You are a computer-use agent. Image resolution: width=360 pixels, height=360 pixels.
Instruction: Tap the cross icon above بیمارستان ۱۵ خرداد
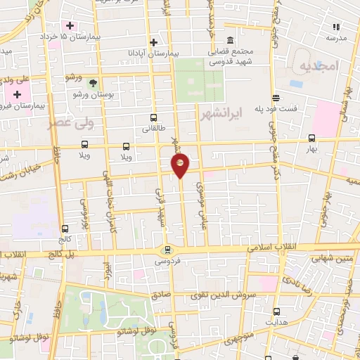coord(70,26)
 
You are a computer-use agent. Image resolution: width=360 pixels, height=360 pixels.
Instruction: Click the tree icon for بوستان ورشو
coord(93,83)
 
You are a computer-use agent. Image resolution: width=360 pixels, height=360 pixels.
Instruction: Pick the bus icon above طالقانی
coord(153,118)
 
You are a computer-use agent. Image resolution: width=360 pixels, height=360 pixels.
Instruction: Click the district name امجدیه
coord(319,67)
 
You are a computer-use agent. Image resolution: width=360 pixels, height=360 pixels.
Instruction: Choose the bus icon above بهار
coord(311,139)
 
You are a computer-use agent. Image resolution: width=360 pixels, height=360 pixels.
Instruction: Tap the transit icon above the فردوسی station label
coord(167,249)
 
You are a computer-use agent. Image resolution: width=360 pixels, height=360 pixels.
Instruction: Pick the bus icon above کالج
coord(65,229)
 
